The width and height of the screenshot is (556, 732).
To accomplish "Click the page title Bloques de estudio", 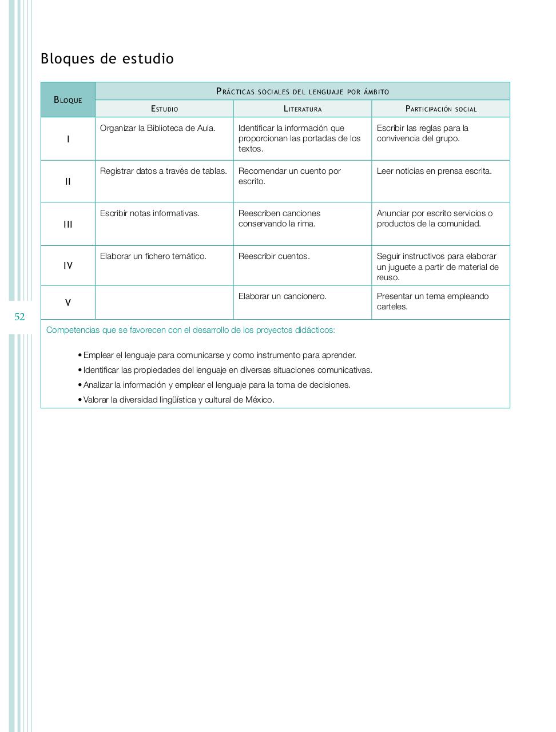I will click(107, 59).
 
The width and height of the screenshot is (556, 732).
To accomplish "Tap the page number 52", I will click(19, 317).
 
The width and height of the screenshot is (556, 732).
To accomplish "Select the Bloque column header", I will click(68, 100).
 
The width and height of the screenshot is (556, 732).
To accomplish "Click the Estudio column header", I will click(164, 109).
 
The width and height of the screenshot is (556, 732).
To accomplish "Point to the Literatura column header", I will click(303, 109).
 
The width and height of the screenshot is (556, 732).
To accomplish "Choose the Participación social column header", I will click(440, 109).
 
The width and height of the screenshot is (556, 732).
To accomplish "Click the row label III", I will click(68, 224).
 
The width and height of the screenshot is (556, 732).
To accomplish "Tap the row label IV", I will click(68, 265).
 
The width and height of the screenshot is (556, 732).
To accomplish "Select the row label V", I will click(68, 303).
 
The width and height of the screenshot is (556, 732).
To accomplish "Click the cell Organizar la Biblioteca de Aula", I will click(158, 128).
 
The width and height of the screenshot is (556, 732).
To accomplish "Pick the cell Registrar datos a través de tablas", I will click(164, 171).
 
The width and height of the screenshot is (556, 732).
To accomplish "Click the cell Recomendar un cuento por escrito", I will click(289, 176).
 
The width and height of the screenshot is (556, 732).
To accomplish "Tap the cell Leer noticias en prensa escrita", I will click(434, 171).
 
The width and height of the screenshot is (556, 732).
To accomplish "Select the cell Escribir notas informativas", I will click(150, 213).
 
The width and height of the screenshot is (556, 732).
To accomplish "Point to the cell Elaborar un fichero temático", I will click(153, 256).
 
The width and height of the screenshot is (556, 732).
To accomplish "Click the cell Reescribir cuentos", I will click(274, 256).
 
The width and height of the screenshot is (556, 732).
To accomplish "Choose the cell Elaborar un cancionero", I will click(283, 296).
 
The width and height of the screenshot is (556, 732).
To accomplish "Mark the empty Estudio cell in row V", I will click(164, 303).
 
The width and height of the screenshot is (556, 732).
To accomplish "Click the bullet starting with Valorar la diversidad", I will click(178, 400).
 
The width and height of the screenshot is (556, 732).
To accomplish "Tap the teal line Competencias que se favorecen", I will click(190, 330).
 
